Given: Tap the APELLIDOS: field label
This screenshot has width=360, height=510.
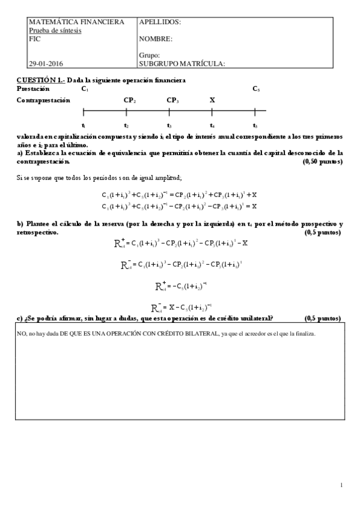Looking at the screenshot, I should click(159, 22).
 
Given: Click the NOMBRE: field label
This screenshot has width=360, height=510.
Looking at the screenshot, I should click(156, 39).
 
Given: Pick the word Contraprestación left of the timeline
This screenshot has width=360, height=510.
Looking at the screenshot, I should click(43, 100).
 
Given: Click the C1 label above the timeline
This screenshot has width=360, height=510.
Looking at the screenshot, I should click(85, 89).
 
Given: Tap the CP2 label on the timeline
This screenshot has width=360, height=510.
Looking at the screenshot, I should click(129, 100).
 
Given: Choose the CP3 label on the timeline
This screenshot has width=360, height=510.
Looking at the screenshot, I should click(172, 100).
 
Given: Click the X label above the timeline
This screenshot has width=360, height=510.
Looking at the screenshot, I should click(212, 100).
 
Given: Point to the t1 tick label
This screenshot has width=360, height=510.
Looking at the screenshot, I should click(84, 125).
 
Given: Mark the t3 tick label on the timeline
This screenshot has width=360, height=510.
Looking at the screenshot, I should click(169, 125).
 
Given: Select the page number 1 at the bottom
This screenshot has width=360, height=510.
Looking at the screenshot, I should click(341, 484).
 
